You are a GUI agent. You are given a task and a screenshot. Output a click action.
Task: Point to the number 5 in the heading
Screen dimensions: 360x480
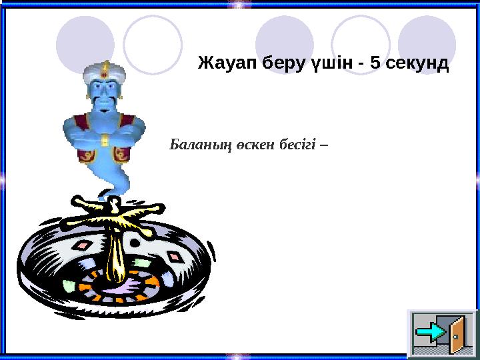coord(376,64)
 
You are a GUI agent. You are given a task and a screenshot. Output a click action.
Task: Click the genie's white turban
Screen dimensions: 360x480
coord(104,70)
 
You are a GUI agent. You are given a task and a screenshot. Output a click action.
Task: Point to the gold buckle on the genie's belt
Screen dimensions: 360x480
coord(105,141)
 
